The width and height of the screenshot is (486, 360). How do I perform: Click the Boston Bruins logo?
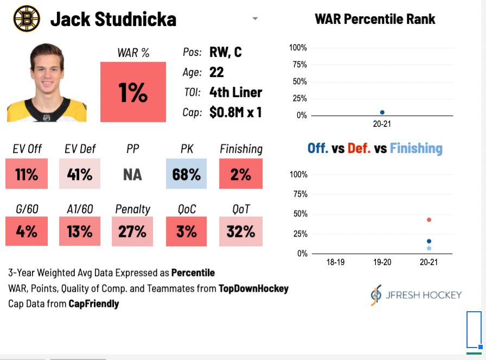[27, 18]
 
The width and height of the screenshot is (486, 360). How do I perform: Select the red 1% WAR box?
[133, 92]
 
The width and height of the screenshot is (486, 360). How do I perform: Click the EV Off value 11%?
[27, 174]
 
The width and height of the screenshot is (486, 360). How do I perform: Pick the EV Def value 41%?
[80, 174]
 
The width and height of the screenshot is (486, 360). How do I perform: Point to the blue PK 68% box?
[186, 174]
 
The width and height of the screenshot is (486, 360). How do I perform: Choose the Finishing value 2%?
[241, 174]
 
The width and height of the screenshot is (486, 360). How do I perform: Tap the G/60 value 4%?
[27, 232]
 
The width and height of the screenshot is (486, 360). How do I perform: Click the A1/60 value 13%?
[80, 232]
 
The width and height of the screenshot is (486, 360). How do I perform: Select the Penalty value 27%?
[132, 232]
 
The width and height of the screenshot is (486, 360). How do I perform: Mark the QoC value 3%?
[186, 232]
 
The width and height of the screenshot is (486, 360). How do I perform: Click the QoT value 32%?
[241, 232]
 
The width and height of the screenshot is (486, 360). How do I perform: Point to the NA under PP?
[132, 175]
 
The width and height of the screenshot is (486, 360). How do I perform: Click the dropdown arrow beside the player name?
[255, 18]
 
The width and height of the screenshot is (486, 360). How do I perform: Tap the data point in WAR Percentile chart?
[382, 112]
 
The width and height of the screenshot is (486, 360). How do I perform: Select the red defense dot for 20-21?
[429, 220]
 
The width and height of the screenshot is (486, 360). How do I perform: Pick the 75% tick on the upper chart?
[299, 65]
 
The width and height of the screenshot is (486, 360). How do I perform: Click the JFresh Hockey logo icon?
[376, 295]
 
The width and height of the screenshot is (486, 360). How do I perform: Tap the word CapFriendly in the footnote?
[93, 304]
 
